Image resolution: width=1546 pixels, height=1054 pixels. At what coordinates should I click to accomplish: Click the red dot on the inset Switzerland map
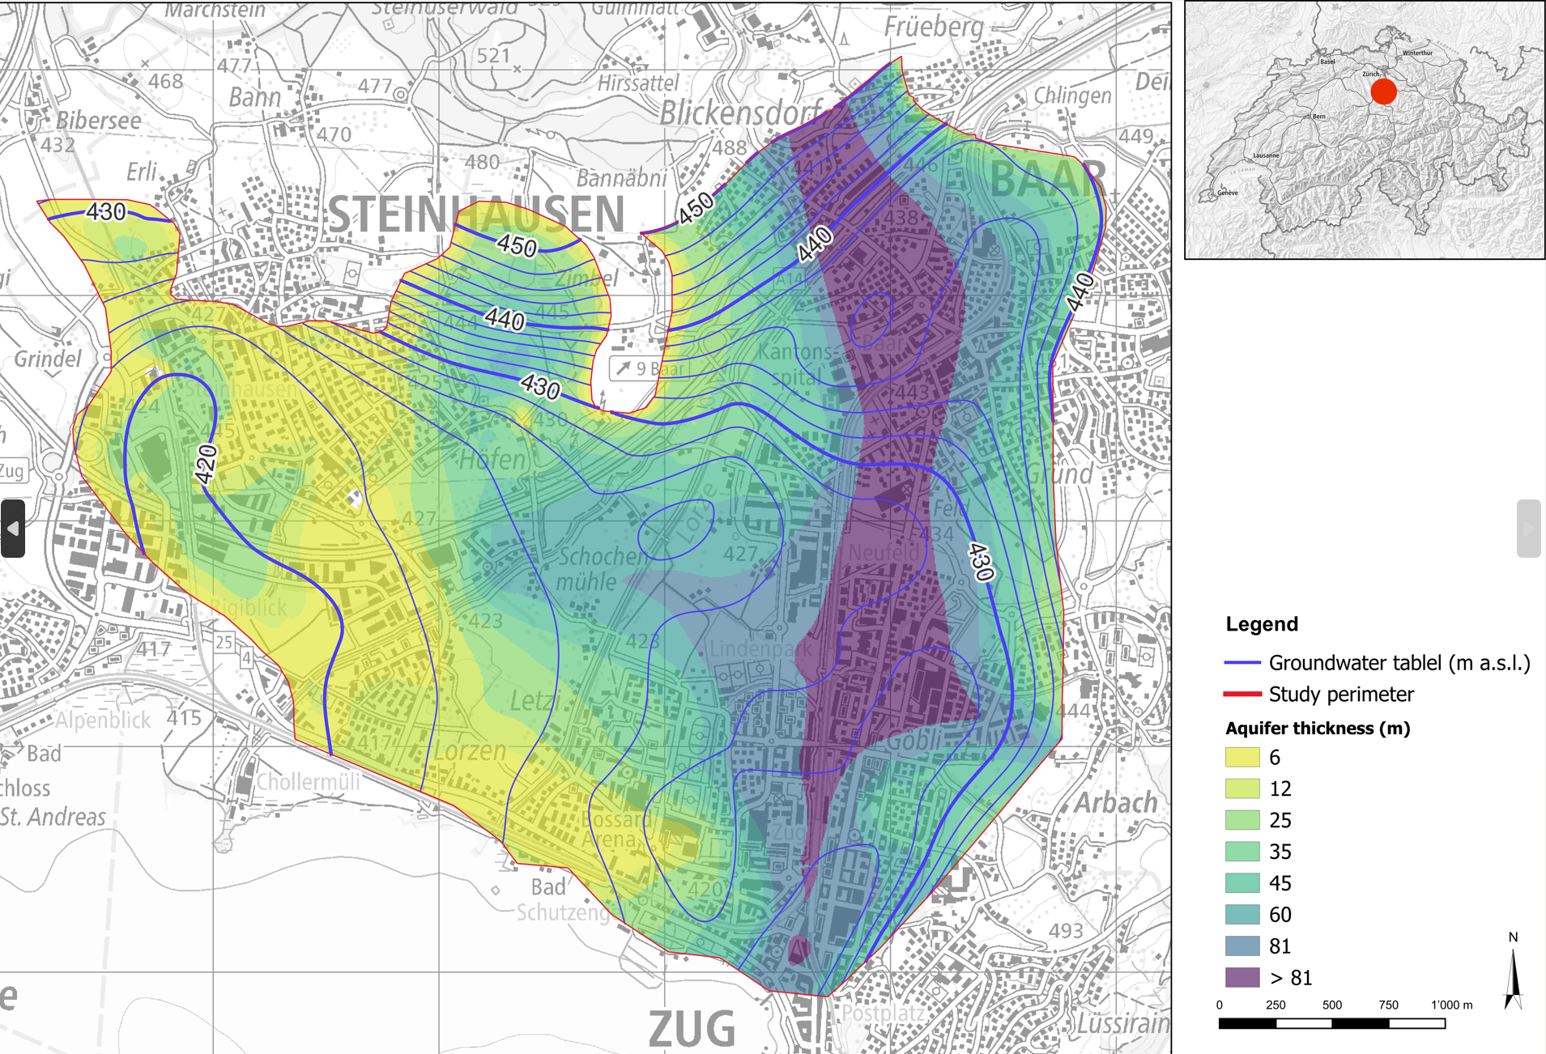point(1383,91)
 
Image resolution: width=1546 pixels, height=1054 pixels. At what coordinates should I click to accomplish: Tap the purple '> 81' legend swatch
point(1242,978)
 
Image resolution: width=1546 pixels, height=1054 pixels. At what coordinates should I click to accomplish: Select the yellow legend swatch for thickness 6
point(1242,758)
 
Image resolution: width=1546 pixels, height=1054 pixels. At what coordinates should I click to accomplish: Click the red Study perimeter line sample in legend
point(1242,695)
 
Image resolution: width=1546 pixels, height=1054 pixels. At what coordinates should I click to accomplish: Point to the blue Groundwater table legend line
point(1242,663)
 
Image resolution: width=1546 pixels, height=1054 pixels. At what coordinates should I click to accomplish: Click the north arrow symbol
point(1513,980)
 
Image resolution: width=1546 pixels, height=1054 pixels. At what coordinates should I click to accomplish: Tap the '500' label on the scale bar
point(1331,1005)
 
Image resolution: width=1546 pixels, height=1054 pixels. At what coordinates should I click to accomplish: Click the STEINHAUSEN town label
point(475,215)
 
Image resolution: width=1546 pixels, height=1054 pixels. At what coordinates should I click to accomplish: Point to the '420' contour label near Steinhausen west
point(207,465)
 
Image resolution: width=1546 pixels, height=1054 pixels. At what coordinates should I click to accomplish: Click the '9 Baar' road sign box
point(649,369)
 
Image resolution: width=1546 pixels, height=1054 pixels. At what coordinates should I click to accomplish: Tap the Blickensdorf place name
point(740,113)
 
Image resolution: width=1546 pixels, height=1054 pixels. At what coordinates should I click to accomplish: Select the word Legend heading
point(1261,624)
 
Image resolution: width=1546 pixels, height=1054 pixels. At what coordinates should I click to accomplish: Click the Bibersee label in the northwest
point(98,121)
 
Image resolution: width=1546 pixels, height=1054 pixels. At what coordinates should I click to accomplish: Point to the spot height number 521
point(492,56)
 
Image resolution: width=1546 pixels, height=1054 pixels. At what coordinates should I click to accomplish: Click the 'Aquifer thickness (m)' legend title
point(1317,729)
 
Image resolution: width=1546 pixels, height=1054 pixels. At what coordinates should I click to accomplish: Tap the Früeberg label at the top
point(933,27)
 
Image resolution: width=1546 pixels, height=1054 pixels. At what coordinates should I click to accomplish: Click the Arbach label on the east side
point(1115,803)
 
